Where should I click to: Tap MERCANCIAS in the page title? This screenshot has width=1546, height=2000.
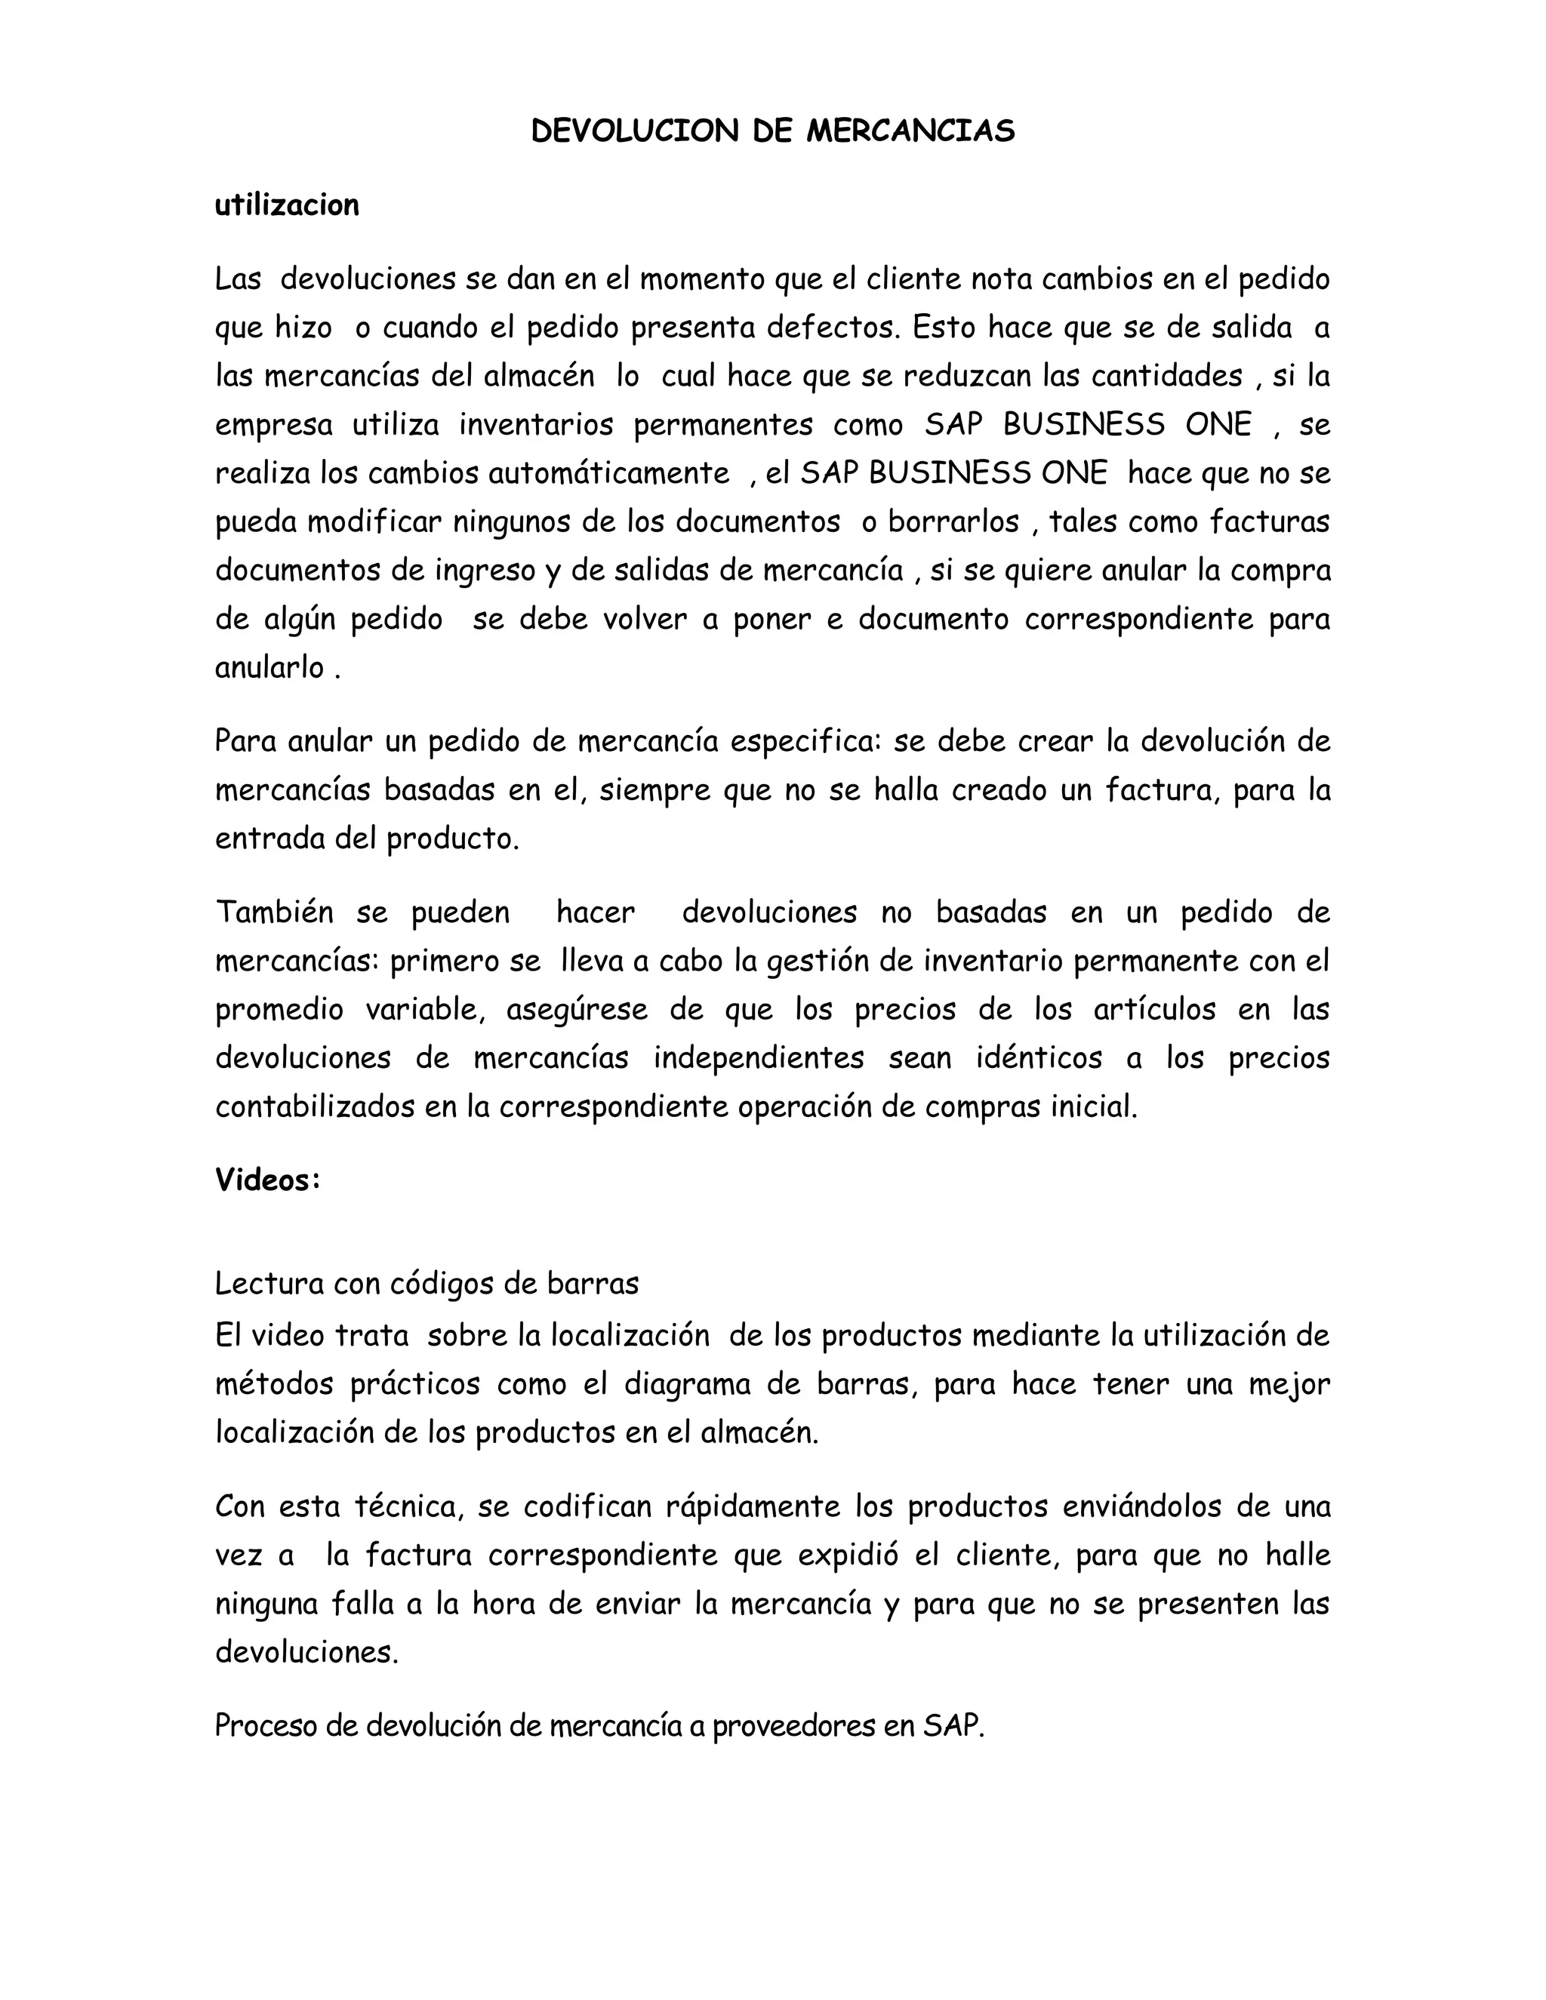pyautogui.click(x=910, y=132)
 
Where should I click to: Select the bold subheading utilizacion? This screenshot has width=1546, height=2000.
pyautogui.click(x=287, y=205)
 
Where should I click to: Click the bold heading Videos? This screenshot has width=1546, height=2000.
pyautogui.click(x=267, y=1180)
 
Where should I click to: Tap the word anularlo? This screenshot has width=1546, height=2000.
pyautogui.click(x=269, y=668)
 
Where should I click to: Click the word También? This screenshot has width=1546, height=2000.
pyautogui.click(x=274, y=912)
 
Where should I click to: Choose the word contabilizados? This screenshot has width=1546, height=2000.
pyautogui.click(x=314, y=1107)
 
